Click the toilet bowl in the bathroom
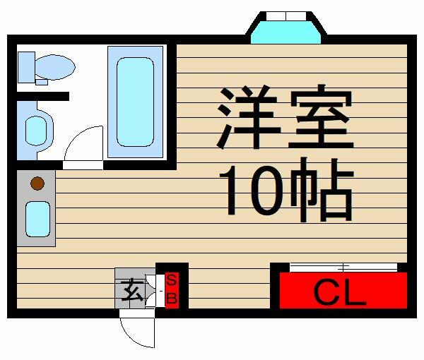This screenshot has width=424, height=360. point(55,67)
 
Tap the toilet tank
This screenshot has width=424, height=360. point(27,67)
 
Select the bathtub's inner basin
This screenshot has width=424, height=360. point(135,102)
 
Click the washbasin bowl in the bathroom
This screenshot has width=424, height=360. point(36,131)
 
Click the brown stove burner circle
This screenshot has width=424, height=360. point(37,184)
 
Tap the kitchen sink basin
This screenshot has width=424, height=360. point(38,220)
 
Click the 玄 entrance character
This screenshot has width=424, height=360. point(132,291)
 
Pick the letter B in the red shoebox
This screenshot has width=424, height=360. point(172,299)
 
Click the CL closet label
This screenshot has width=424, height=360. point(340,293)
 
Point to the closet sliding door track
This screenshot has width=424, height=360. point(343,268)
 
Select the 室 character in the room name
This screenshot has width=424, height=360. point(322,116)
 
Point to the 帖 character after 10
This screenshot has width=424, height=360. point(322,190)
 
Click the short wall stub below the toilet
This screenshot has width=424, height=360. point(43,97)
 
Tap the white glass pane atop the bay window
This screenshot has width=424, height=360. point(286,16)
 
